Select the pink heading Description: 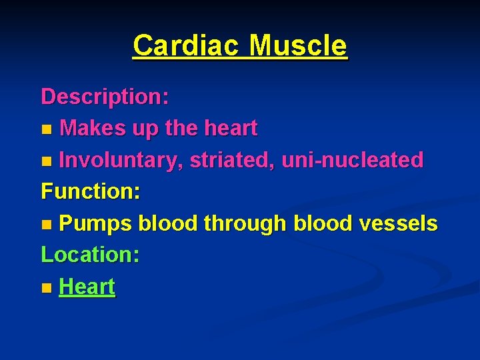point(105,97)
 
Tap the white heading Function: point(91,192)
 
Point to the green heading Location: point(90,255)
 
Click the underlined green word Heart point(87,287)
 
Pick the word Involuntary point(121,160)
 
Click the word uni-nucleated point(353,160)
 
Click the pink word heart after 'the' point(231,129)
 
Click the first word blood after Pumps point(167,224)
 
